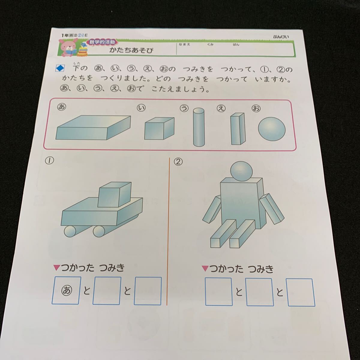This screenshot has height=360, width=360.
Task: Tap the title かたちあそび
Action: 131,50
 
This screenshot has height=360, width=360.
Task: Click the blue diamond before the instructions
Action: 59,69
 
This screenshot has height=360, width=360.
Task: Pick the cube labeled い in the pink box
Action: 159,129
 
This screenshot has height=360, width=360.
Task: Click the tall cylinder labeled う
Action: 198,127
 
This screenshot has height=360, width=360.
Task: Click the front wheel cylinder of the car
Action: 70,232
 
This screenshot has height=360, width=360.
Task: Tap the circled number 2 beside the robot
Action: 178,162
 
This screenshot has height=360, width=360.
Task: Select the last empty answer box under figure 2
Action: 301,292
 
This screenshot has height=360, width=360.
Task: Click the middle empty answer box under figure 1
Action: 107,290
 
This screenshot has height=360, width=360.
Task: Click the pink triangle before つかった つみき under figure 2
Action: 205,268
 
